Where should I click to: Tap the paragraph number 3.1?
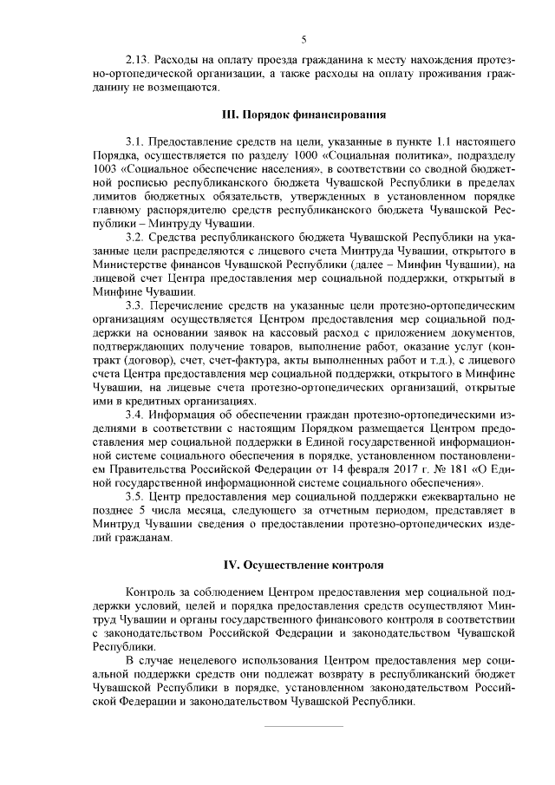click(136, 141)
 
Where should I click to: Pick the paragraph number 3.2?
click(136, 237)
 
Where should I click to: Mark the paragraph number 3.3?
click(136, 306)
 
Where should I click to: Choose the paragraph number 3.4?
click(136, 415)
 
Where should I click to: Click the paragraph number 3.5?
click(136, 497)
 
